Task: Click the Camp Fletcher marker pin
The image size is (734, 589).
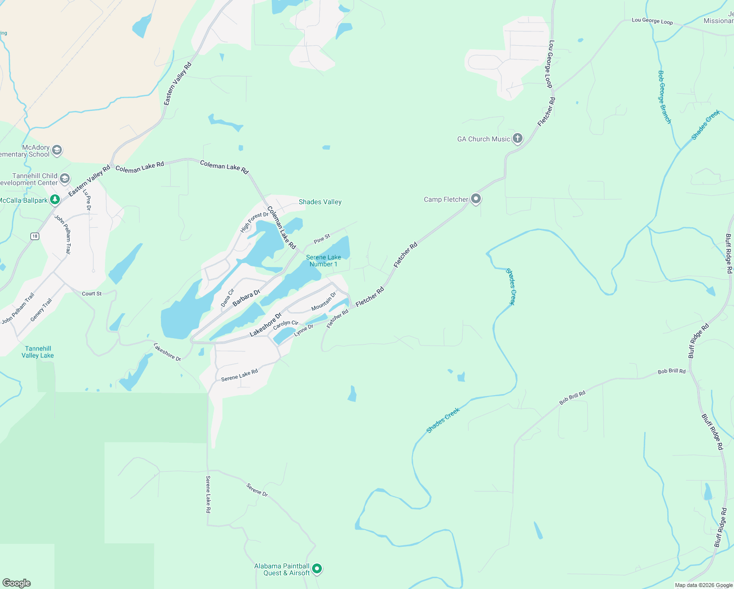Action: (x=475, y=199)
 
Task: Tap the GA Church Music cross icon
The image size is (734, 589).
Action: (x=517, y=139)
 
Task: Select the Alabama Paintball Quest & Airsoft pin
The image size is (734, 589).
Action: (x=317, y=569)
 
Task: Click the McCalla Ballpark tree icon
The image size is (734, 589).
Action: (x=55, y=200)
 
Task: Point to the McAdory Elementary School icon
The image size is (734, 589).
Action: (x=57, y=150)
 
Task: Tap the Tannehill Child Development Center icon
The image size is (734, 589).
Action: (x=65, y=179)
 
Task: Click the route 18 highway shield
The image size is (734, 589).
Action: (x=34, y=237)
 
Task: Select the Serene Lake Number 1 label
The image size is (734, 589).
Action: (x=323, y=261)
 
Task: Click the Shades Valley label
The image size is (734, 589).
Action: (x=320, y=202)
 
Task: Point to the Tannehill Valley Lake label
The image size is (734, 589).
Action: (x=38, y=352)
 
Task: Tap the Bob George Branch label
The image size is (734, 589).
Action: (x=664, y=97)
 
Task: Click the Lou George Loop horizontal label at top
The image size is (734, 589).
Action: (x=652, y=21)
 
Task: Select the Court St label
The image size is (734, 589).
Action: (x=92, y=294)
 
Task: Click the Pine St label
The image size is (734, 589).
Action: (x=322, y=239)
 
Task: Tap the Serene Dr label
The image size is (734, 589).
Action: (x=257, y=490)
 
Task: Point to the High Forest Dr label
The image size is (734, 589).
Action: (x=255, y=222)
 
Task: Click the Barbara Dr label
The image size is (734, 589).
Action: (x=246, y=298)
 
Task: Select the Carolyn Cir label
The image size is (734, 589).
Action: (x=286, y=325)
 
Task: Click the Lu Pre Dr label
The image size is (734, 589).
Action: (x=87, y=200)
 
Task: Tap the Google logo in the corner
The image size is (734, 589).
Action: (x=17, y=583)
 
